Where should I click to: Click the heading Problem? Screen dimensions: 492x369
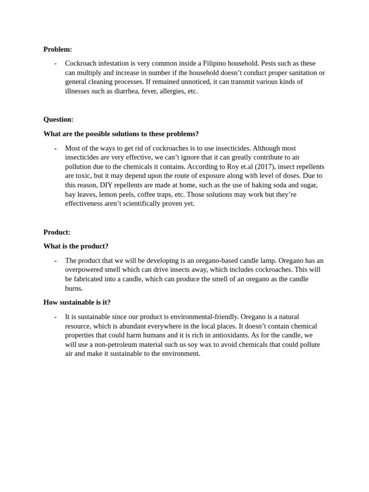58,49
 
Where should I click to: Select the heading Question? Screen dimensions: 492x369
58,119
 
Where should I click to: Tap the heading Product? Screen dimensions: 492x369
57,232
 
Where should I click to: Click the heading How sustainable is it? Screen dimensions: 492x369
77,302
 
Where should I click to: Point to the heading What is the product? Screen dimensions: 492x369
76,246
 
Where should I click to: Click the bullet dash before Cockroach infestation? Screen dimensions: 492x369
55,63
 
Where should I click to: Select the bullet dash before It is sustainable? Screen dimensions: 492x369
55,317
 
